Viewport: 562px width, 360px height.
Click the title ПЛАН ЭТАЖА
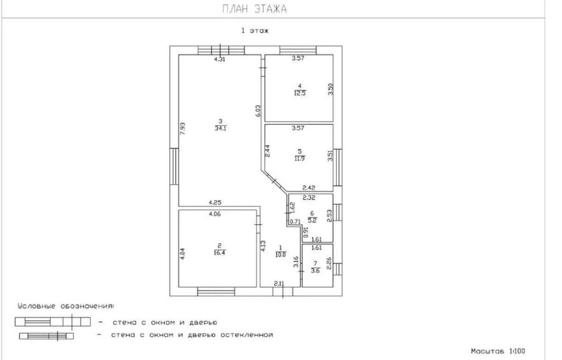pyautogui.click(x=255, y=9)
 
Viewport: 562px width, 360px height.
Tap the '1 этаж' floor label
pyautogui.click(x=255, y=31)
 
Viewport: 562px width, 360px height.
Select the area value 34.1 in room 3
pyautogui.click(x=220, y=129)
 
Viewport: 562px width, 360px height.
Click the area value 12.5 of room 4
pyautogui.click(x=300, y=93)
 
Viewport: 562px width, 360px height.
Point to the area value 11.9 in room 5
pyautogui.click(x=300, y=158)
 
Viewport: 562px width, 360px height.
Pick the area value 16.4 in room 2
pyautogui.click(x=219, y=253)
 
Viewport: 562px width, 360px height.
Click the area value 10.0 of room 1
pyautogui.click(x=280, y=255)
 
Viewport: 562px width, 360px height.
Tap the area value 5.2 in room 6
pyautogui.click(x=312, y=220)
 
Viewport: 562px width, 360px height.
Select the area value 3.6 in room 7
pyautogui.click(x=315, y=271)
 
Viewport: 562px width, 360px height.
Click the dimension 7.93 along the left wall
pyautogui.click(x=182, y=129)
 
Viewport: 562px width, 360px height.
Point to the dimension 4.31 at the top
pyautogui.click(x=220, y=59)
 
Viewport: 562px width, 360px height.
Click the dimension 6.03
pyautogui.click(x=259, y=110)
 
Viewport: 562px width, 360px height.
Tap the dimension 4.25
pyautogui.click(x=215, y=202)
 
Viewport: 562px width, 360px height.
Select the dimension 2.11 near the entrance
pyautogui.click(x=279, y=284)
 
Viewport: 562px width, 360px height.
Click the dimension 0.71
pyautogui.click(x=295, y=221)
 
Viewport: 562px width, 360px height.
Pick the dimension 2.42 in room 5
pyautogui.click(x=309, y=187)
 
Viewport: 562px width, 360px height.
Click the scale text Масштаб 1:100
pyautogui.click(x=498, y=351)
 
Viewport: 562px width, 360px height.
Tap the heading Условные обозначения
pyautogui.click(x=66, y=306)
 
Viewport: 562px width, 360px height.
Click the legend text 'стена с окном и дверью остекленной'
pyautogui.click(x=192, y=335)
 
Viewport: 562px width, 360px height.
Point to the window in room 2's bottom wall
pyautogui.click(x=216, y=291)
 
